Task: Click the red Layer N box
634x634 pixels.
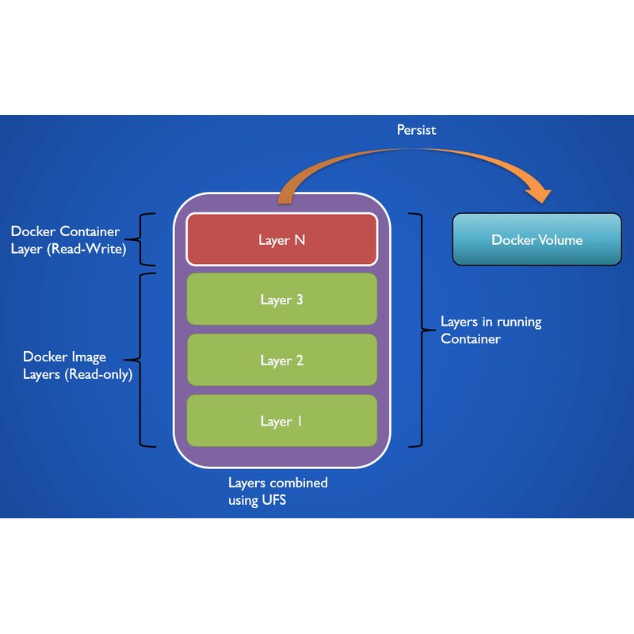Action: pyautogui.click(x=282, y=239)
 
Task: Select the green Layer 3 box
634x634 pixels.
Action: pyautogui.click(x=282, y=300)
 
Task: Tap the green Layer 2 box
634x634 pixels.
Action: pyautogui.click(x=282, y=360)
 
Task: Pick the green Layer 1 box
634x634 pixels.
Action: pyautogui.click(x=282, y=421)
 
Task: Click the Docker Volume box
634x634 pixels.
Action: pyautogui.click(x=537, y=239)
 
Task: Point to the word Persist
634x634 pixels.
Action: pyautogui.click(x=416, y=130)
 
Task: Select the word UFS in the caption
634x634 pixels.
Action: pyautogui.click(x=273, y=500)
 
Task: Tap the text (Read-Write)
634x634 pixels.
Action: pyautogui.click(x=86, y=249)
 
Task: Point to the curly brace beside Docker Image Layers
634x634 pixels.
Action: pyautogui.click(x=140, y=360)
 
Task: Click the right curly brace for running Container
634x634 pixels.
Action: pyautogui.click(x=422, y=330)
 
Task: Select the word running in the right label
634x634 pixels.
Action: pyautogui.click(x=519, y=323)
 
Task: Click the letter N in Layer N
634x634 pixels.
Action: pyautogui.click(x=300, y=240)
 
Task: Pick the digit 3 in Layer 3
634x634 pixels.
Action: pyautogui.click(x=300, y=300)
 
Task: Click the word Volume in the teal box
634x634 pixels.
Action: pyautogui.click(x=560, y=240)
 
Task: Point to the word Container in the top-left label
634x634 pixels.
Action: pyautogui.click(x=90, y=231)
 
